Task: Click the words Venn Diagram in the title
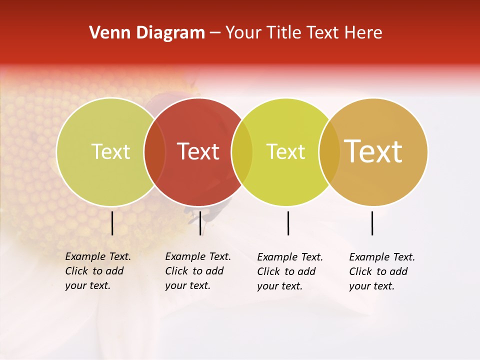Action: (147, 33)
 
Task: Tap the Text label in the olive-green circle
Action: (110, 151)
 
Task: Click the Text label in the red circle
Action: (198, 151)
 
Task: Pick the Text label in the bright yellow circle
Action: (285, 151)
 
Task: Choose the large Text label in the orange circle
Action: (373, 151)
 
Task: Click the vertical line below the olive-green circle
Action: (112, 223)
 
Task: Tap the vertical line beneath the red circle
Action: (200, 223)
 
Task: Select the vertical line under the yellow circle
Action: (288, 223)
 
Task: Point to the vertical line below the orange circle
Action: (372, 223)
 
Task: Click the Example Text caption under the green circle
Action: (97, 271)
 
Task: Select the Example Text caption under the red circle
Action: (197, 271)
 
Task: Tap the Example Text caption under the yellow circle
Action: (289, 271)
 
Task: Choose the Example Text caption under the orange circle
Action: (381, 271)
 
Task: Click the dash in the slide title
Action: (215, 33)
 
